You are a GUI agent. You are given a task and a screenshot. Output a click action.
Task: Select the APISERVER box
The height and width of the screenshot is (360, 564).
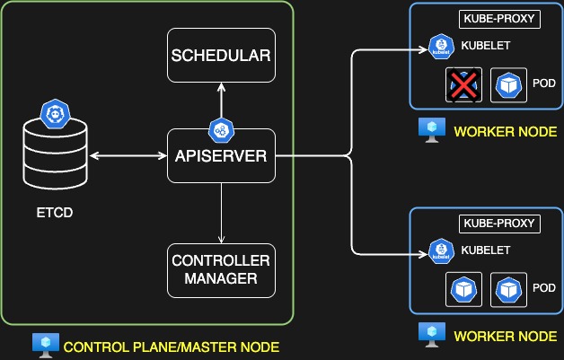[221, 156]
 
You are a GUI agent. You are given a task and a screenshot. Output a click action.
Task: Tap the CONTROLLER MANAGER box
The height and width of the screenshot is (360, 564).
[221, 269]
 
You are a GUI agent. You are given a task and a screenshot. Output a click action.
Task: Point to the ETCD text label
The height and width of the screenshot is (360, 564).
[56, 215]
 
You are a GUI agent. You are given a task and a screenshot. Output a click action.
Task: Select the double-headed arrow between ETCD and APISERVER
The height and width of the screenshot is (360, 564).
[128, 156]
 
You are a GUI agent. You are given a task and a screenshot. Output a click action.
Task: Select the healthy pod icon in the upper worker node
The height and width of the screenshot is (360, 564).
[509, 86]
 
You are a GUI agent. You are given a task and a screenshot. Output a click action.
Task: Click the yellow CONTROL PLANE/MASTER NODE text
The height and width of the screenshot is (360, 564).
[172, 347]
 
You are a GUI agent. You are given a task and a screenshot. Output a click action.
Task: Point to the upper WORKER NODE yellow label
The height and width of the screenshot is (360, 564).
[506, 132]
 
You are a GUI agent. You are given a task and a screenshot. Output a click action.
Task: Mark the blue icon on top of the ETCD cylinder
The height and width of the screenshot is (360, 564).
[56, 114]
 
